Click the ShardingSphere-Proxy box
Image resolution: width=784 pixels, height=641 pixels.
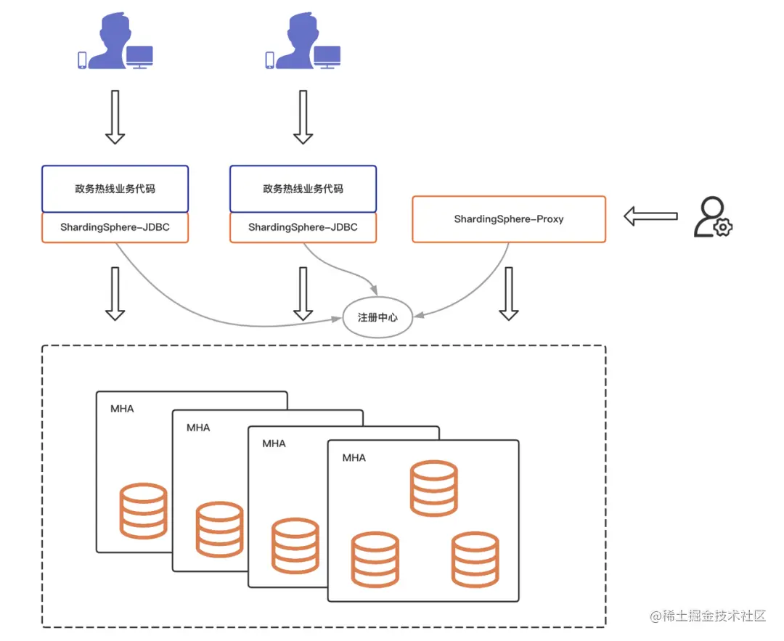click(509, 219)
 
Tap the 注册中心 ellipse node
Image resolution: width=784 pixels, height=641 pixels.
click(377, 317)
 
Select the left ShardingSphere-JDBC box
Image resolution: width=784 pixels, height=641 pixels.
click(115, 227)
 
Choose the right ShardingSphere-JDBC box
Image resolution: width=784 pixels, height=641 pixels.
click(303, 227)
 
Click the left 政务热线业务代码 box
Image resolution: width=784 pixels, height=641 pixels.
click(115, 189)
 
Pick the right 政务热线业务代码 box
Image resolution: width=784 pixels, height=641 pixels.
click(303, 189)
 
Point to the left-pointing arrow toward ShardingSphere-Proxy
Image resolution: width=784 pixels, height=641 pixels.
click(650, 216)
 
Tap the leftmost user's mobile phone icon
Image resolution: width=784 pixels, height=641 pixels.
click(82, 60)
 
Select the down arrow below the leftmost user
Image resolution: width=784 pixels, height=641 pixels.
click(115, 118)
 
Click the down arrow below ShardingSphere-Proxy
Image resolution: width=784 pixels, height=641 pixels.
click(508, 294)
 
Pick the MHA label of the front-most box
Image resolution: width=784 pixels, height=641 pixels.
click(354, 458)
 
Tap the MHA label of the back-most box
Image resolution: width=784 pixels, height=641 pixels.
click(122, 409)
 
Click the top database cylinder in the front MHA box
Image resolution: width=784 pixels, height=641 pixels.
click(433, 489)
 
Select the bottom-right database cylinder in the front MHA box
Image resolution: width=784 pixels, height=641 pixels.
click(475, 560)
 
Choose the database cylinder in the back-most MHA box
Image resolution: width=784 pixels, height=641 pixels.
click(143, 511)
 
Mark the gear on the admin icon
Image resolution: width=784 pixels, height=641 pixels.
click(723, 227)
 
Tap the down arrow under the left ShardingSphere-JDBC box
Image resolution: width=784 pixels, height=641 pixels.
click(115, 294)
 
